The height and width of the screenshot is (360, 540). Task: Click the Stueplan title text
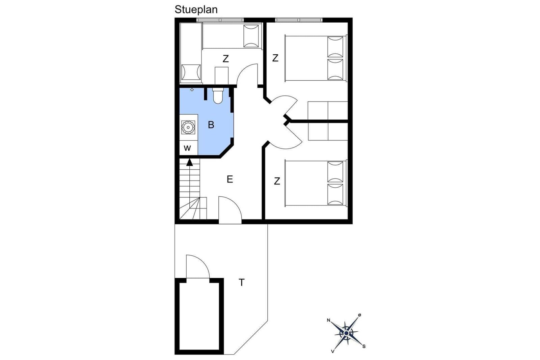point(196,10)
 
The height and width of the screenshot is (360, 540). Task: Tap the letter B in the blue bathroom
point(211,125)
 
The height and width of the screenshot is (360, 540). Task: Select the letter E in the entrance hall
point(230,179)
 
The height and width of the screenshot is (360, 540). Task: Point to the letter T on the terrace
point(242,282)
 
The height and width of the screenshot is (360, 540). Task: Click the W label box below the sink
point(187,148)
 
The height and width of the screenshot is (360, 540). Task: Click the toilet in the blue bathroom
point(218,96)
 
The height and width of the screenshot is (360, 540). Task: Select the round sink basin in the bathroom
point(188,127)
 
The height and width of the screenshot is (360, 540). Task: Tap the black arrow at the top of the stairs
point(190,162)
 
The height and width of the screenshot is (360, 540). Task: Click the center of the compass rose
point(346,333)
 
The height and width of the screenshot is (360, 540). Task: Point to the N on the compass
point(328,320)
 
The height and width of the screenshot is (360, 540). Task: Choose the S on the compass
point(364,347)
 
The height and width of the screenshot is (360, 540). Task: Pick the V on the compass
point(333,352)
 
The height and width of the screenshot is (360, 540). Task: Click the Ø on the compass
point(360,315)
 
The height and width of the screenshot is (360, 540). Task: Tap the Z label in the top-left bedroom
point(226,59)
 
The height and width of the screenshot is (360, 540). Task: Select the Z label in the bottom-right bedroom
point(277,181)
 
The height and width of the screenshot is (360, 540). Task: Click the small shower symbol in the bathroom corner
point(192,90)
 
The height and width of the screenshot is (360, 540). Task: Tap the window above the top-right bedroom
point(299,20)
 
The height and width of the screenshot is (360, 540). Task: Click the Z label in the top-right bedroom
point(275,58)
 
